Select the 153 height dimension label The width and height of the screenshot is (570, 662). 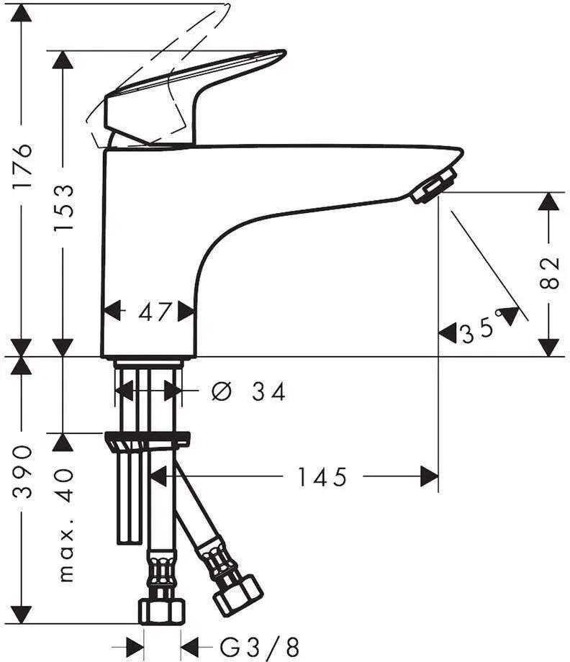pos(63,207)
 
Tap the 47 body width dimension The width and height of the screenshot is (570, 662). pos(155,312)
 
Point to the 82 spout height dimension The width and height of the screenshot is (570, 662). pos(549,272)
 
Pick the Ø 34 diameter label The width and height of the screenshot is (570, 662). pos(248,391)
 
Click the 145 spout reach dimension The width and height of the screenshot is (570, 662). pos(322,477)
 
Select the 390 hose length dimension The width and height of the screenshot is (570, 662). pos(22,471)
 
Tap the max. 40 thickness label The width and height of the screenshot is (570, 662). pos(66,525)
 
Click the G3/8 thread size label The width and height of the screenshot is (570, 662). pos(259,647)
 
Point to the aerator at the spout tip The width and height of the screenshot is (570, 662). pos(434,185)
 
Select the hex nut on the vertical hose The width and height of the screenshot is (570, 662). pos(162,611)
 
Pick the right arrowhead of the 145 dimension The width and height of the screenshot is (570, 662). pos(430,476)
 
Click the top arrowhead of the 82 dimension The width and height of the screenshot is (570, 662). pos(549,201)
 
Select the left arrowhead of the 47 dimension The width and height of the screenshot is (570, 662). pos(112,311)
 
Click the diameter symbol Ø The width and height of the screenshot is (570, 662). pos(221,391)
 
